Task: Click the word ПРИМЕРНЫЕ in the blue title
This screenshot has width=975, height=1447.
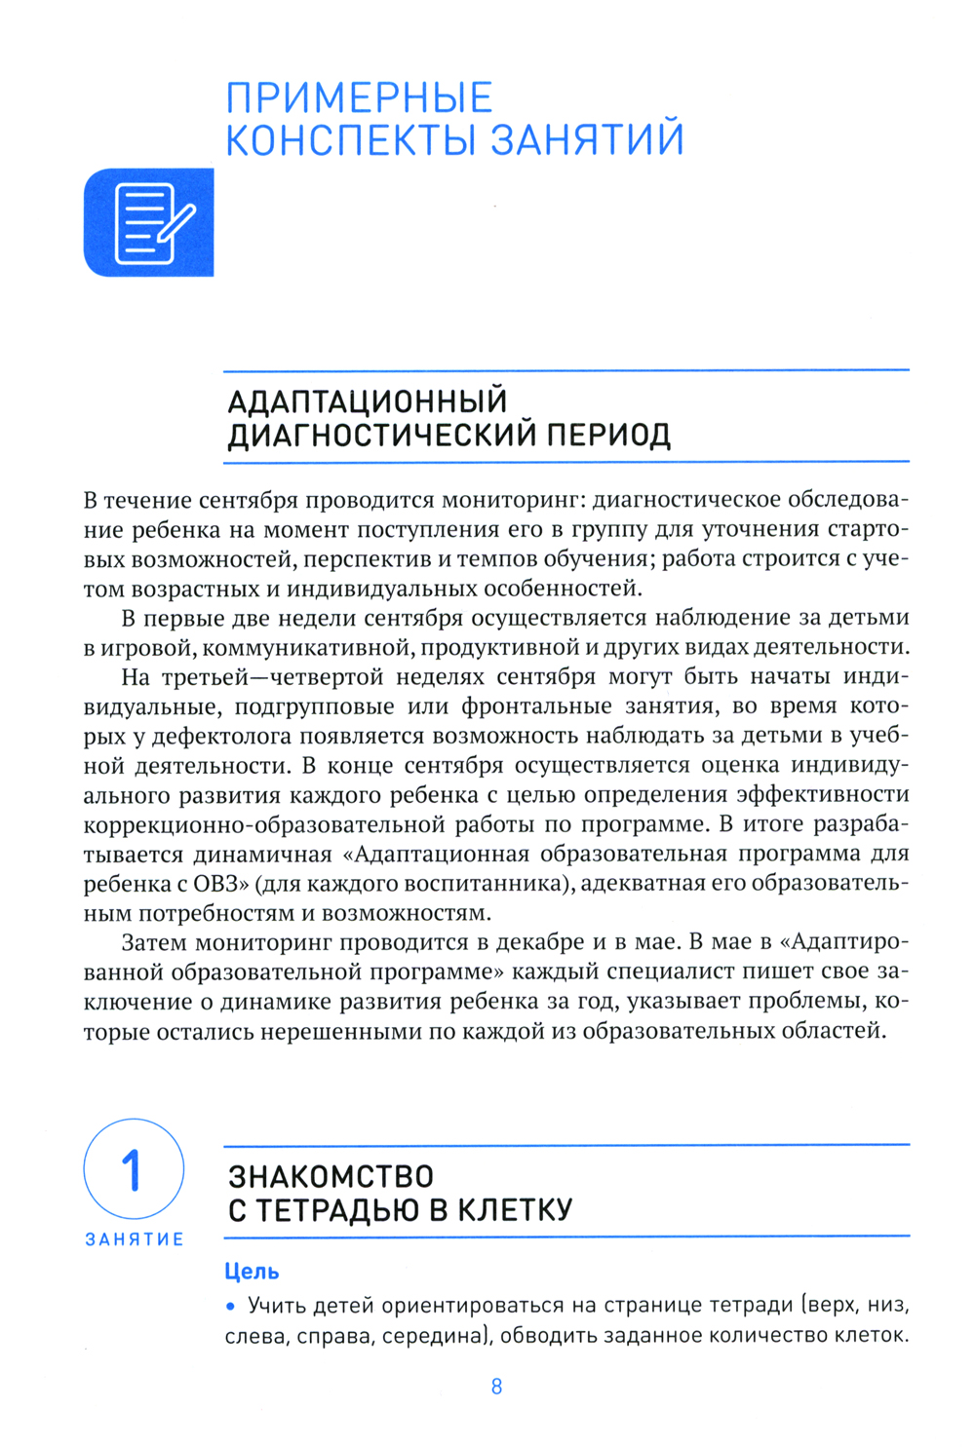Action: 359,98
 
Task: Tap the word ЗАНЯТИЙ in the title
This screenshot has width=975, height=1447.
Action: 586,139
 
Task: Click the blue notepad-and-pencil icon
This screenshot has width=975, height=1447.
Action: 149,223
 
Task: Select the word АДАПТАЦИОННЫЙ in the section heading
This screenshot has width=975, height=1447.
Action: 368,401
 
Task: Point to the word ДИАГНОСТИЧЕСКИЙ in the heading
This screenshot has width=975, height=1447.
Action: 381,435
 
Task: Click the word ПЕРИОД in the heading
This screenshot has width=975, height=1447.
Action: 607,435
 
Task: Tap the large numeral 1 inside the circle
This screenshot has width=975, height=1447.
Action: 132,1169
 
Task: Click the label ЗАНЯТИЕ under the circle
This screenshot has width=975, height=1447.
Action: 135,1239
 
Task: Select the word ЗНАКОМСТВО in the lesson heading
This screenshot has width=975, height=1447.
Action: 331,1176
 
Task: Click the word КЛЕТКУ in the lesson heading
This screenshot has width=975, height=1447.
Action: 515,1210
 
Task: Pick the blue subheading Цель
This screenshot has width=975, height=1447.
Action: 252,1272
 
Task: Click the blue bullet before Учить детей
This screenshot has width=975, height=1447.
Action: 231,1306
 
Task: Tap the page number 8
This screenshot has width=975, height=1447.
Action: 496,1387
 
